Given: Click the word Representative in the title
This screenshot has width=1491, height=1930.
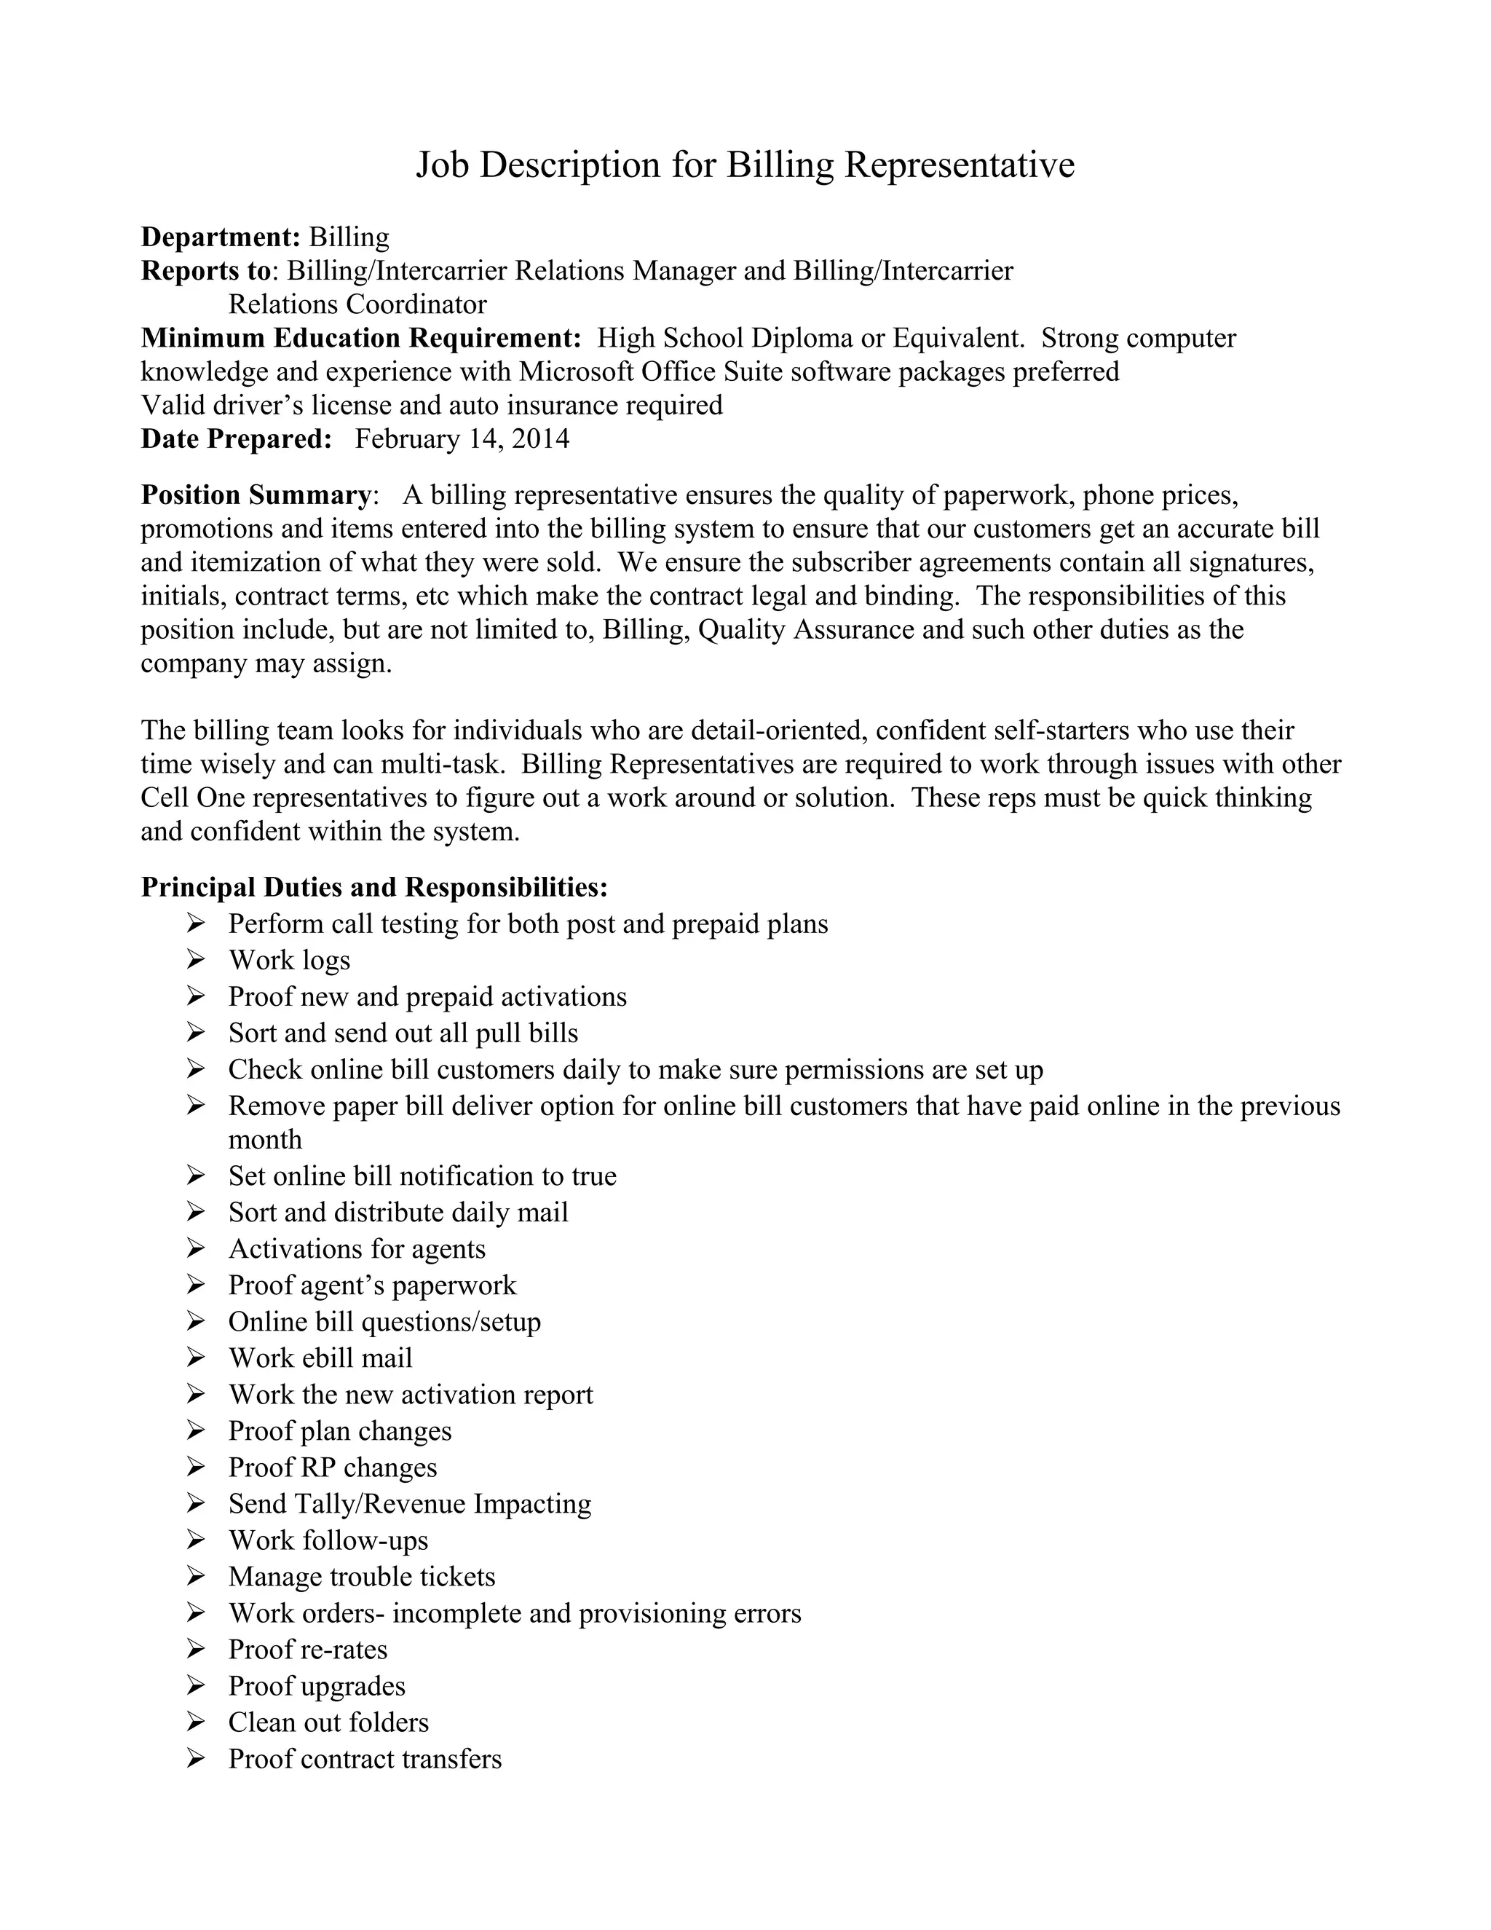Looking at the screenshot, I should pyautogui.click(x=960, y=165).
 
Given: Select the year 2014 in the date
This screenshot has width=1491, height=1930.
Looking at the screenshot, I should pyautogui.click(x=541, y=439).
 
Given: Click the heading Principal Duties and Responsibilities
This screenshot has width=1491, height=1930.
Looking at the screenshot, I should pyautogui.click(x=374, y=887).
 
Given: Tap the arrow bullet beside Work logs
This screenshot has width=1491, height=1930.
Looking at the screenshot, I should pyautogui.click(x=196, y=960).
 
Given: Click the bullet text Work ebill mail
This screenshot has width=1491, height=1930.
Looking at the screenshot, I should pyautogui.click(x=320, y=1358).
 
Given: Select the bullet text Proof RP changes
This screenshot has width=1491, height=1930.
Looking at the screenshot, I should pyautogui.click(x=332, y=1468).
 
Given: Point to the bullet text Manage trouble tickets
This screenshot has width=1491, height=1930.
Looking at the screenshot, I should pyautogui.click(x=361, y=1577).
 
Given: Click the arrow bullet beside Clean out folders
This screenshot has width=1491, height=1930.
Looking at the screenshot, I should pyautogui.click(x=196, y=1722).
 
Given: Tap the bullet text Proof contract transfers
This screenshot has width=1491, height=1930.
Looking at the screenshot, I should pyautogui.click(x=365, y=1759).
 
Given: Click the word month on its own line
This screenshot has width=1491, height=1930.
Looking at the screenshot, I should pyautogui.click(x=265, y=1140).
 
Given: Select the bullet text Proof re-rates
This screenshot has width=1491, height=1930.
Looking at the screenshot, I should pyautogui.click(x=307, y=1650).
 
